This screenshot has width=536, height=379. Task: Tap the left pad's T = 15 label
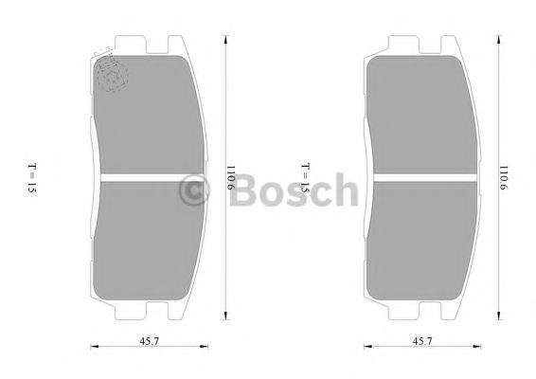click(31, 178)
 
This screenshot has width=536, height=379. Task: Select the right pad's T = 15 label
click(305, 178)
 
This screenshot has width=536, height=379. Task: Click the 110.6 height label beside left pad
click(229, 179)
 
